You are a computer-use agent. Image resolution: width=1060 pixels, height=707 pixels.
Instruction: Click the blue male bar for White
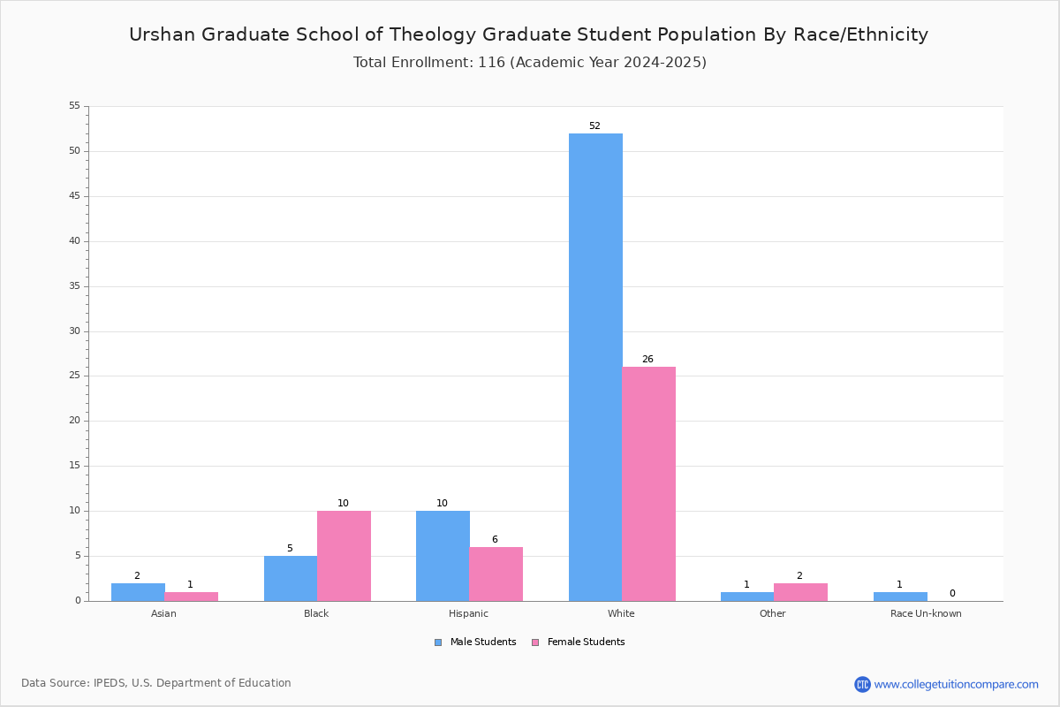(595, 367)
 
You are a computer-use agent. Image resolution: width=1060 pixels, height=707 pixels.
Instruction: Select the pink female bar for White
(648, 483)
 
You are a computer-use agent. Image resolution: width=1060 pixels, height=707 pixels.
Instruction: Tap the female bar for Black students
(344, 555)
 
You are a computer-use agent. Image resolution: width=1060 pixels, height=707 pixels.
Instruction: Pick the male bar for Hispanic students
(443, 555)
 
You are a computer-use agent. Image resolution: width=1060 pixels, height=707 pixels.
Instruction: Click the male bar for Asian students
(138, 592)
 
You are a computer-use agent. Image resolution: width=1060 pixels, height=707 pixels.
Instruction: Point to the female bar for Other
(800, 592)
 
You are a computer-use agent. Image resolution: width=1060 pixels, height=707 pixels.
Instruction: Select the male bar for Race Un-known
(900, 597)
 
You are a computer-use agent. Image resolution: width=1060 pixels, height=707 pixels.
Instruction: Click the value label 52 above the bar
(594, 126)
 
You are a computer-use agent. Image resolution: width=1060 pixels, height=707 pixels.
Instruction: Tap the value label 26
(647, 360)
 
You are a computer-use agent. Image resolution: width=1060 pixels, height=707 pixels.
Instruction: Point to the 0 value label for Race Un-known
(952, 594)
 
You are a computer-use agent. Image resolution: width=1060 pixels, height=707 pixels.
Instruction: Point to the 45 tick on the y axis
(74, 196)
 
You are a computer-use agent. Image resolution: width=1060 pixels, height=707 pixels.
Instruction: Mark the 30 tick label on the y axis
(74, 331)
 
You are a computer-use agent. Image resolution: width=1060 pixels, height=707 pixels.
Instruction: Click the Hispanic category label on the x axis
(468, 613)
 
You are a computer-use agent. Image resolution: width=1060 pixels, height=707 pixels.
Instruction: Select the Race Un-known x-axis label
(926, 613)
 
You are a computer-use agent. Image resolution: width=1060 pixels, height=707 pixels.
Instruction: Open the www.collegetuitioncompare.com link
(956, 684)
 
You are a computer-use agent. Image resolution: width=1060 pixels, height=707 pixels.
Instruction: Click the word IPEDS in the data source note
(110, 683)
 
